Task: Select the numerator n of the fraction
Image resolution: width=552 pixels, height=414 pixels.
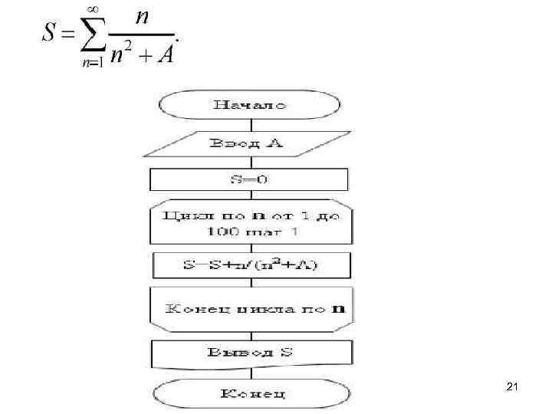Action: coord(142,17)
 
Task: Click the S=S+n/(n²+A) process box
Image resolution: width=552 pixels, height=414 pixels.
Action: coord(251,266)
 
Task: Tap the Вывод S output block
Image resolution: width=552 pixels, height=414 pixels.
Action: coord(251,353)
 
